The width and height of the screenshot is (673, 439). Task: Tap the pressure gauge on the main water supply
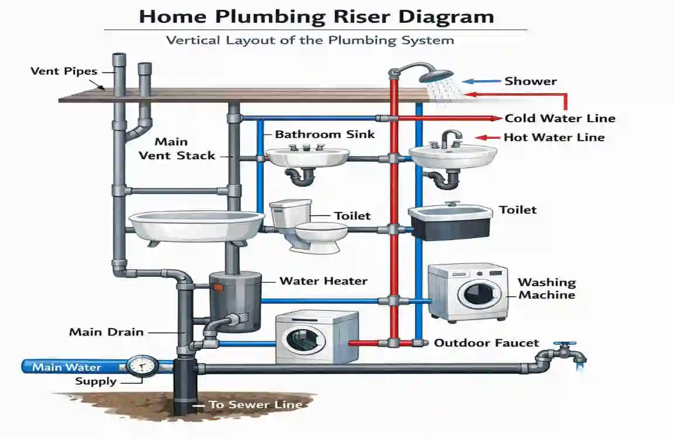(141, 366)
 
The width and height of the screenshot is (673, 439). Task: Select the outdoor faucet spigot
(564, 352)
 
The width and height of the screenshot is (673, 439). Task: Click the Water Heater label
(323, 281)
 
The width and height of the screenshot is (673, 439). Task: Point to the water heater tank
(235, 301)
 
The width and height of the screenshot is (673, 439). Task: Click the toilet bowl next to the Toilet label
(316, 234)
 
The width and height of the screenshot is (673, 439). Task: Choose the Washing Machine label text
(547, 289)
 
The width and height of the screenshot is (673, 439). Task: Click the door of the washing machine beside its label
(479, 294)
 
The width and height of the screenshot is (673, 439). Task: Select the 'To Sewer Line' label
(255, 404)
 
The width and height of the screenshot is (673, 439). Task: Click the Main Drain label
(106, 332)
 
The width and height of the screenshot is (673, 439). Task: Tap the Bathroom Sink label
(325, 134)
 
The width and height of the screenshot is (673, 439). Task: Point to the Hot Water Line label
(554, 138)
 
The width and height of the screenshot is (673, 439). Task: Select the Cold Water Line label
(559, 118)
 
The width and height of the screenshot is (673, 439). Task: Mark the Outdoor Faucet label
(486, 343)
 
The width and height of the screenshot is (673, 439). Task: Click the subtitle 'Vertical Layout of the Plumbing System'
(310, 40)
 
